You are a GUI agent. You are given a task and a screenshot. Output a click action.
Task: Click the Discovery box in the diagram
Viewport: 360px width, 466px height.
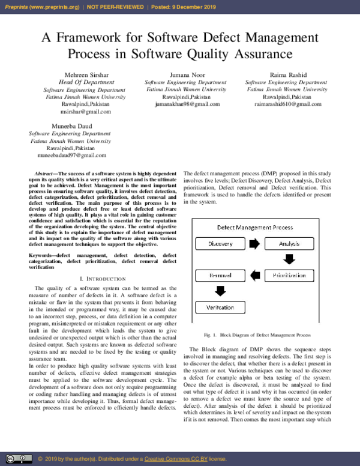(x=220, y=244)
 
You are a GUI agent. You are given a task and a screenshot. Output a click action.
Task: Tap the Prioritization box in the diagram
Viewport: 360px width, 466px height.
(x=289, y=276)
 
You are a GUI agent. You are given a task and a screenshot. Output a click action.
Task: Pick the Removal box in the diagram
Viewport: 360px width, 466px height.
(x=220, y=276)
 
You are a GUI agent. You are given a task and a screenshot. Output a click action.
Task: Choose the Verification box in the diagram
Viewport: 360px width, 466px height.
(x=220, y=307)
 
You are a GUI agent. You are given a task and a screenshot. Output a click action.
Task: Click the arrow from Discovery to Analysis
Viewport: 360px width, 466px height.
(x=254, y=244)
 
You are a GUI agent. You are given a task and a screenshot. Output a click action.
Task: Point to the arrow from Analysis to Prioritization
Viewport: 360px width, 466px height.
(x=290, y=259)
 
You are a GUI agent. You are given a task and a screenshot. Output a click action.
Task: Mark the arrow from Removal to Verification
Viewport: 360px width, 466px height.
(x=220, y=291)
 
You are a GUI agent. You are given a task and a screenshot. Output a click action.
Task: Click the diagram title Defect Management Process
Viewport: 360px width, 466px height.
(x=254, y=228)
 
